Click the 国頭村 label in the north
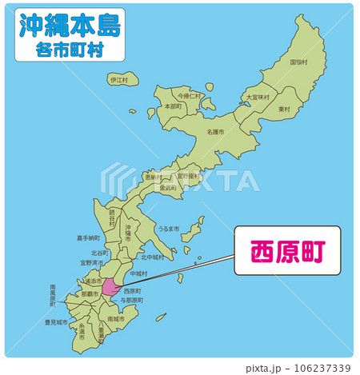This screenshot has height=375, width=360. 298,62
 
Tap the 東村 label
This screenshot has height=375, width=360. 284,109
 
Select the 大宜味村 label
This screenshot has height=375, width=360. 258,97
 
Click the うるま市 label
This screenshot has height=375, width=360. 170,228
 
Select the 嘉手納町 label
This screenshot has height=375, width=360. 88,237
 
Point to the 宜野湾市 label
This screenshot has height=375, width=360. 92,261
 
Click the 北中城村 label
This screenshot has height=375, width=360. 152,257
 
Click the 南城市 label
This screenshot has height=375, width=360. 116,318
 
